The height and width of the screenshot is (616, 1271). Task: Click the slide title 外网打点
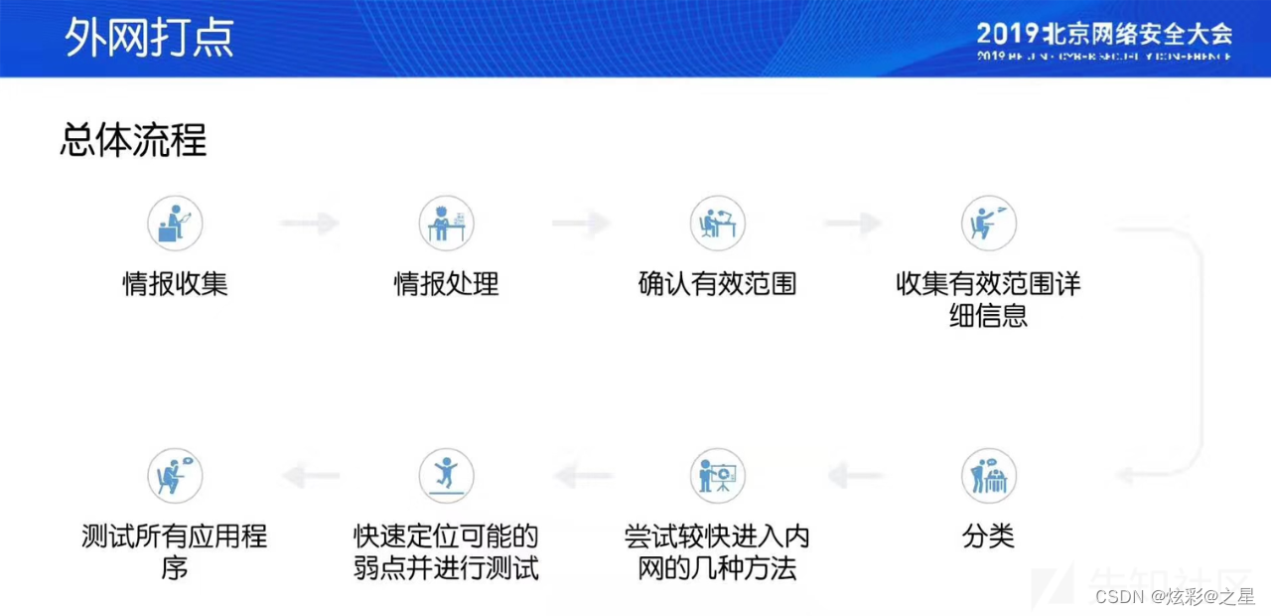click(149, 37)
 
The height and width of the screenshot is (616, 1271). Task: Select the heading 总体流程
click(133, 140)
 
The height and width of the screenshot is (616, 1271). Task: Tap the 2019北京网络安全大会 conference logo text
click(1103, 34)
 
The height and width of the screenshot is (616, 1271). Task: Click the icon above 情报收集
click(175, 223)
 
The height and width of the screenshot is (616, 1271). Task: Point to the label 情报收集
click(175, 284)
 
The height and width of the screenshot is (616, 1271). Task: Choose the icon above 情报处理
click(446, 223)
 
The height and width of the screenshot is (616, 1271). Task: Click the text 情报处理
click(446, 284)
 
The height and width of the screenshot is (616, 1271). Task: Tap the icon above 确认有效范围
click(717, 223)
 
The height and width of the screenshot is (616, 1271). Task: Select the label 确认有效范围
click(717, 284)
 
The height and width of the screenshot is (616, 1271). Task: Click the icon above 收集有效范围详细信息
click(988, 223)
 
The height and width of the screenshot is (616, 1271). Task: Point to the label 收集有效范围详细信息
click(988, 300)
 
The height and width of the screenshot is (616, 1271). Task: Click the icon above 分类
click(988, 476)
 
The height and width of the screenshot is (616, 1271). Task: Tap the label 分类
click(988, 538)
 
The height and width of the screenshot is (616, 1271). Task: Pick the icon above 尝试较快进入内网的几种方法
click(717, 476)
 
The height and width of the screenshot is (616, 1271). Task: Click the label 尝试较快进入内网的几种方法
click(717, 553)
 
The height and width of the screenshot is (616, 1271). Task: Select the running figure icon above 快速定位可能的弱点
click(446, 476)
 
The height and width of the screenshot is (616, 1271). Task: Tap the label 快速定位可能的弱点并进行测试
click(446, 553)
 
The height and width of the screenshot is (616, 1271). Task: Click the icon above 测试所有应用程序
click(175, 476)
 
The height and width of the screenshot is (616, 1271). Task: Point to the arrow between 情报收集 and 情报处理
click(310, 223)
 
